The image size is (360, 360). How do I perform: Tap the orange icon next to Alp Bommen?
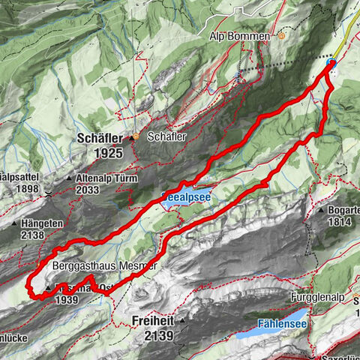(x=281, y=35)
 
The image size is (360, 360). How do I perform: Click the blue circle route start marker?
(x=331, y=64)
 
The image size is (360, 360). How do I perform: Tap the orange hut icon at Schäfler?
(x=136, y=138)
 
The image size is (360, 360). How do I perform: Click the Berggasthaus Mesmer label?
(x=104, y=266)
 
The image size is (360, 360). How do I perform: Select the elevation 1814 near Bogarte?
(x=339, y=222)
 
